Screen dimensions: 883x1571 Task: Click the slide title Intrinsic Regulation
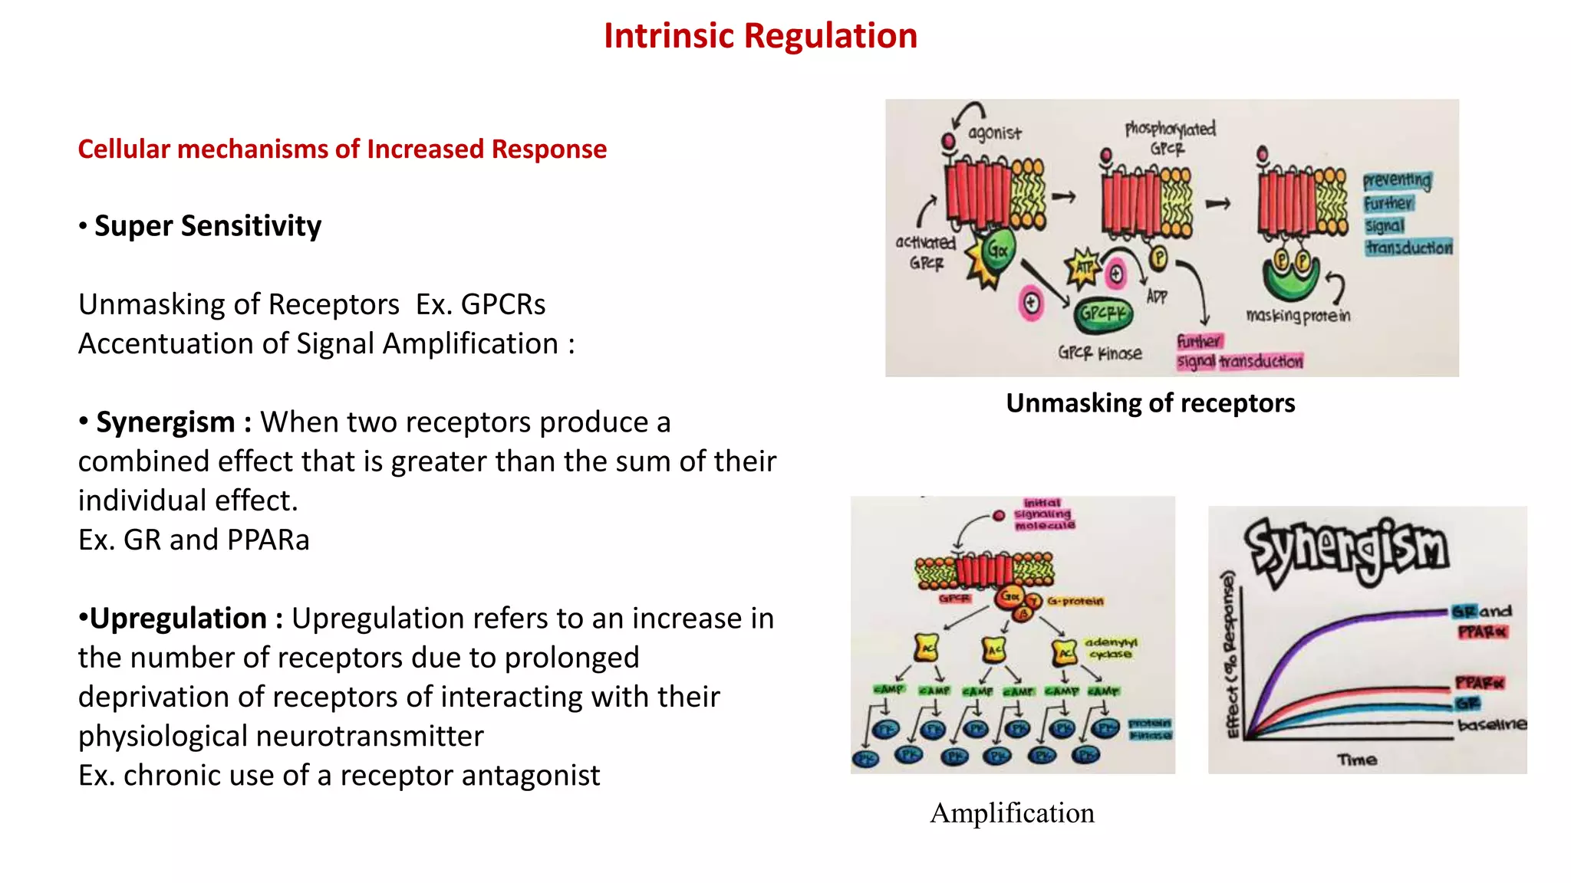759,36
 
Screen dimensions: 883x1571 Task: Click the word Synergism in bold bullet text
165,422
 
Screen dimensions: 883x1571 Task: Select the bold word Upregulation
178,619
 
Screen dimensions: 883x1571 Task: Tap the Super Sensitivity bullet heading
207,226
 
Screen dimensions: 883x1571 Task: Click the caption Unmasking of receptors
1150,403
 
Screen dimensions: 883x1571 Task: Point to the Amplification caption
1012,813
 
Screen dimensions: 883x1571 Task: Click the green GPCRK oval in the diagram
1102,313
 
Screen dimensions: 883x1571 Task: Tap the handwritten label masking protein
1298,316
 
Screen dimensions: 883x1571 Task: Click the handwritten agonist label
994,133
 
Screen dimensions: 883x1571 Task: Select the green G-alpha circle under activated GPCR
998,250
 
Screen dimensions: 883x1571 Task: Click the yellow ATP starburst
1083,268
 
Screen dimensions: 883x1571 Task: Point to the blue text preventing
1396,181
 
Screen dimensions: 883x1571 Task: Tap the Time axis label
1357,760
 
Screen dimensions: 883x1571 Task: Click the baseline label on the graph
1491,724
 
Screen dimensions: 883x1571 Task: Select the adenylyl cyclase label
1110,648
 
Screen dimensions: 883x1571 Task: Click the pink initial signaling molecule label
1043,514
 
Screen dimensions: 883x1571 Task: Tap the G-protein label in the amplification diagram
1075,602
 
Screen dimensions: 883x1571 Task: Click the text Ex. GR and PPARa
194,540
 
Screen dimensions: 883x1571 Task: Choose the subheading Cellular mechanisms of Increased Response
342,149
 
